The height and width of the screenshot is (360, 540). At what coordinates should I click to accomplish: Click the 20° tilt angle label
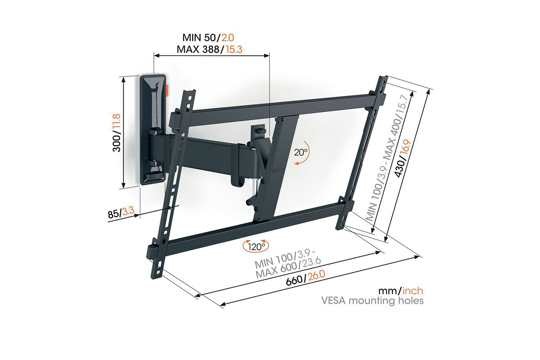click(301, 152)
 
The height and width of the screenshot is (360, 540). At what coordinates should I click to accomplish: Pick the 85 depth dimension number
click(113, 214)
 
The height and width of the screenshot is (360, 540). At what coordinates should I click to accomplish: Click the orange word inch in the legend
click(413, 291)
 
